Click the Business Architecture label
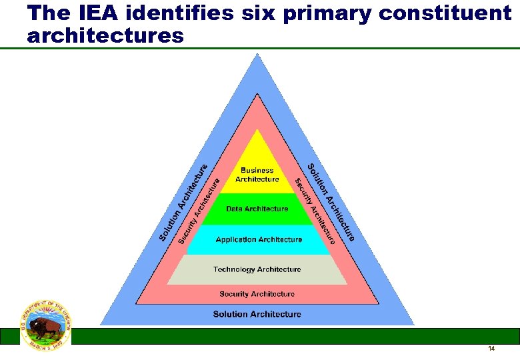(x=257, y=175)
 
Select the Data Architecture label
(x=257, y=209)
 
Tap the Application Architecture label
(x=259, y=239)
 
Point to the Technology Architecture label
(x=257, y=269)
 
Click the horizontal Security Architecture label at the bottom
(x=257, y=294)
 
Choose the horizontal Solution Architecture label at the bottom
(x=257, y=314)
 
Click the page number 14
(x=491, y=349)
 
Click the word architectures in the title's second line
(x=105, y=36)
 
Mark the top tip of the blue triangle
(x=257, y=55)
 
